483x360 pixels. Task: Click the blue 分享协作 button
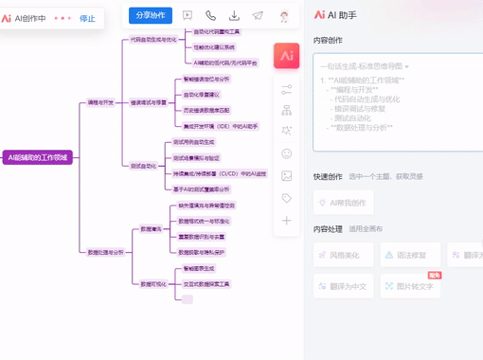(x=151, y=15)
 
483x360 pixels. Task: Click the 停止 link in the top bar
(x=87, y=18)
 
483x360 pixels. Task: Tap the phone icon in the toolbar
(x=210, y=15)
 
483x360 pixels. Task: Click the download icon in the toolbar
(x=234, y=15)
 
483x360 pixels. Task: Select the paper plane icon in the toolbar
(x=258, y=15)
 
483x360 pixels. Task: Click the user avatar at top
(x=285, y=16)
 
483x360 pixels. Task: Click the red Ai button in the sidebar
(x=286, y=56)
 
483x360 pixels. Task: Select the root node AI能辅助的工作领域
(x=37, y=157)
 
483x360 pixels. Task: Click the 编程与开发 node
(x=100, y=101)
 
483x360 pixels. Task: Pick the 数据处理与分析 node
(x=105, y=252)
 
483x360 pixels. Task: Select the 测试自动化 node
(x=144, y=166)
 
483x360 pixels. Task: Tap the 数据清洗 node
(x=151, y=229)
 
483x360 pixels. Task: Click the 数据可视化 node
(x=153, y=283)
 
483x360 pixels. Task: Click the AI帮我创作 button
(x=344, y=203)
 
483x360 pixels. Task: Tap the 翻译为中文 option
(x=344, y=286)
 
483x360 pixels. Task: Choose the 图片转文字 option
(x=410, y=286)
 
